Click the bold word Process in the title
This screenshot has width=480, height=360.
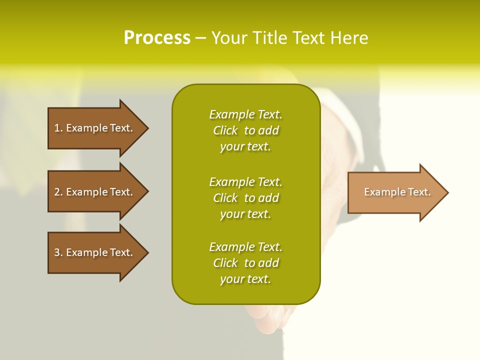point(157,38)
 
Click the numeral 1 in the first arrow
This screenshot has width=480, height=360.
point(57,128)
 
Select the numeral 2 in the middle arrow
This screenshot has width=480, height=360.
point(57,192)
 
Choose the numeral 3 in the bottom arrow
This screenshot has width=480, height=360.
point(57,252)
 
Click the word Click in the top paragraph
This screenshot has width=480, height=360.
point(225,130)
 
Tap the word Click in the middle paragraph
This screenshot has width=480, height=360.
point(225,198)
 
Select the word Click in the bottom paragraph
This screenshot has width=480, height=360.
point(225,263)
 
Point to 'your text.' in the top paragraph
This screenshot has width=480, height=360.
point(245,146)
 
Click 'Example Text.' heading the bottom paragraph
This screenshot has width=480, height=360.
point(245,247)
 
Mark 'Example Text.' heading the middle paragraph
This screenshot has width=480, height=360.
point(245,182)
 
